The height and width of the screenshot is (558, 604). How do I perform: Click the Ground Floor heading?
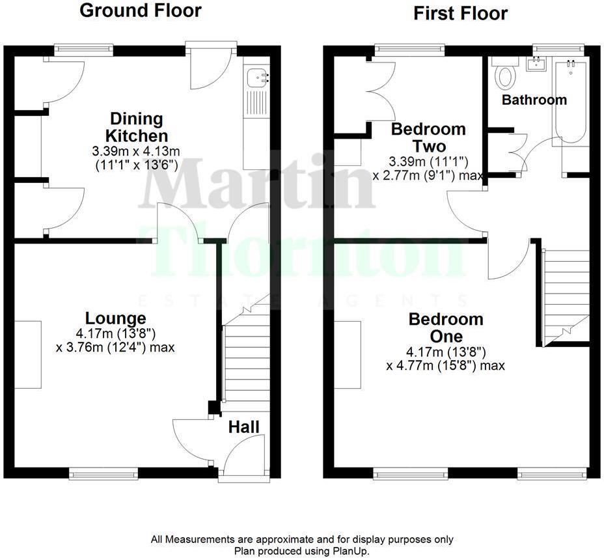coord(140,11)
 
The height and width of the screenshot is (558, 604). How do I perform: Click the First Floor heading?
coord(460,14)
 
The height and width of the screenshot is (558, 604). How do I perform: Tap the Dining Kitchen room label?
coord(137,128)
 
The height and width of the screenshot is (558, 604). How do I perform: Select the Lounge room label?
coord(115,318)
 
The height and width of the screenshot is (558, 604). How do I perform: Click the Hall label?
coord(244,427)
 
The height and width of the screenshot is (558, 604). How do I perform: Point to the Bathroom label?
coord(534,100)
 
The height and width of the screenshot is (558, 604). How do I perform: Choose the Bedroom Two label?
coord(428,137)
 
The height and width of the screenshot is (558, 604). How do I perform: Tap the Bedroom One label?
coord(445,328)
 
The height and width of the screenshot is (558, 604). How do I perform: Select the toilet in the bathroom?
coord(504,75)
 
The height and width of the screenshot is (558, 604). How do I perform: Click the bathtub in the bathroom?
coord(571,101)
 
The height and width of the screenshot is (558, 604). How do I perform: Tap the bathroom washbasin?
coord(538,64)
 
